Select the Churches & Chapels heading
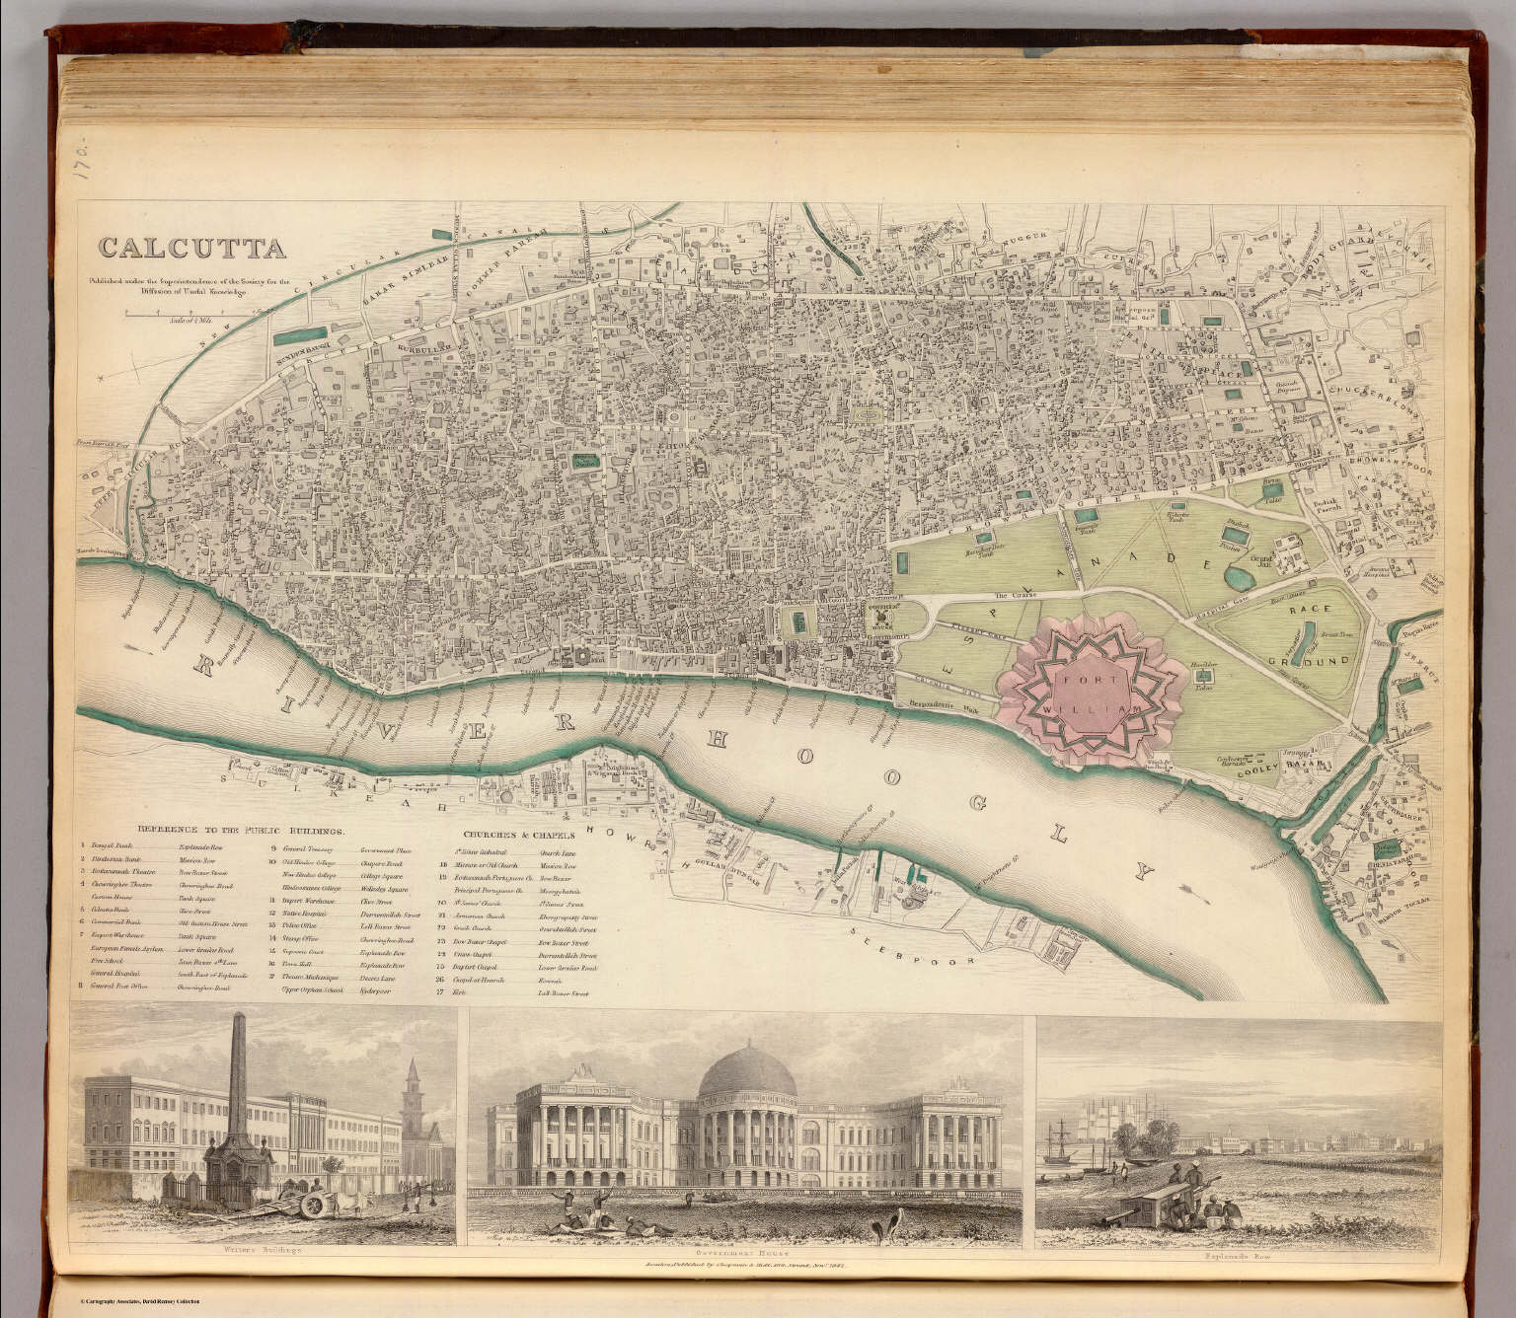[x=510, y=834]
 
